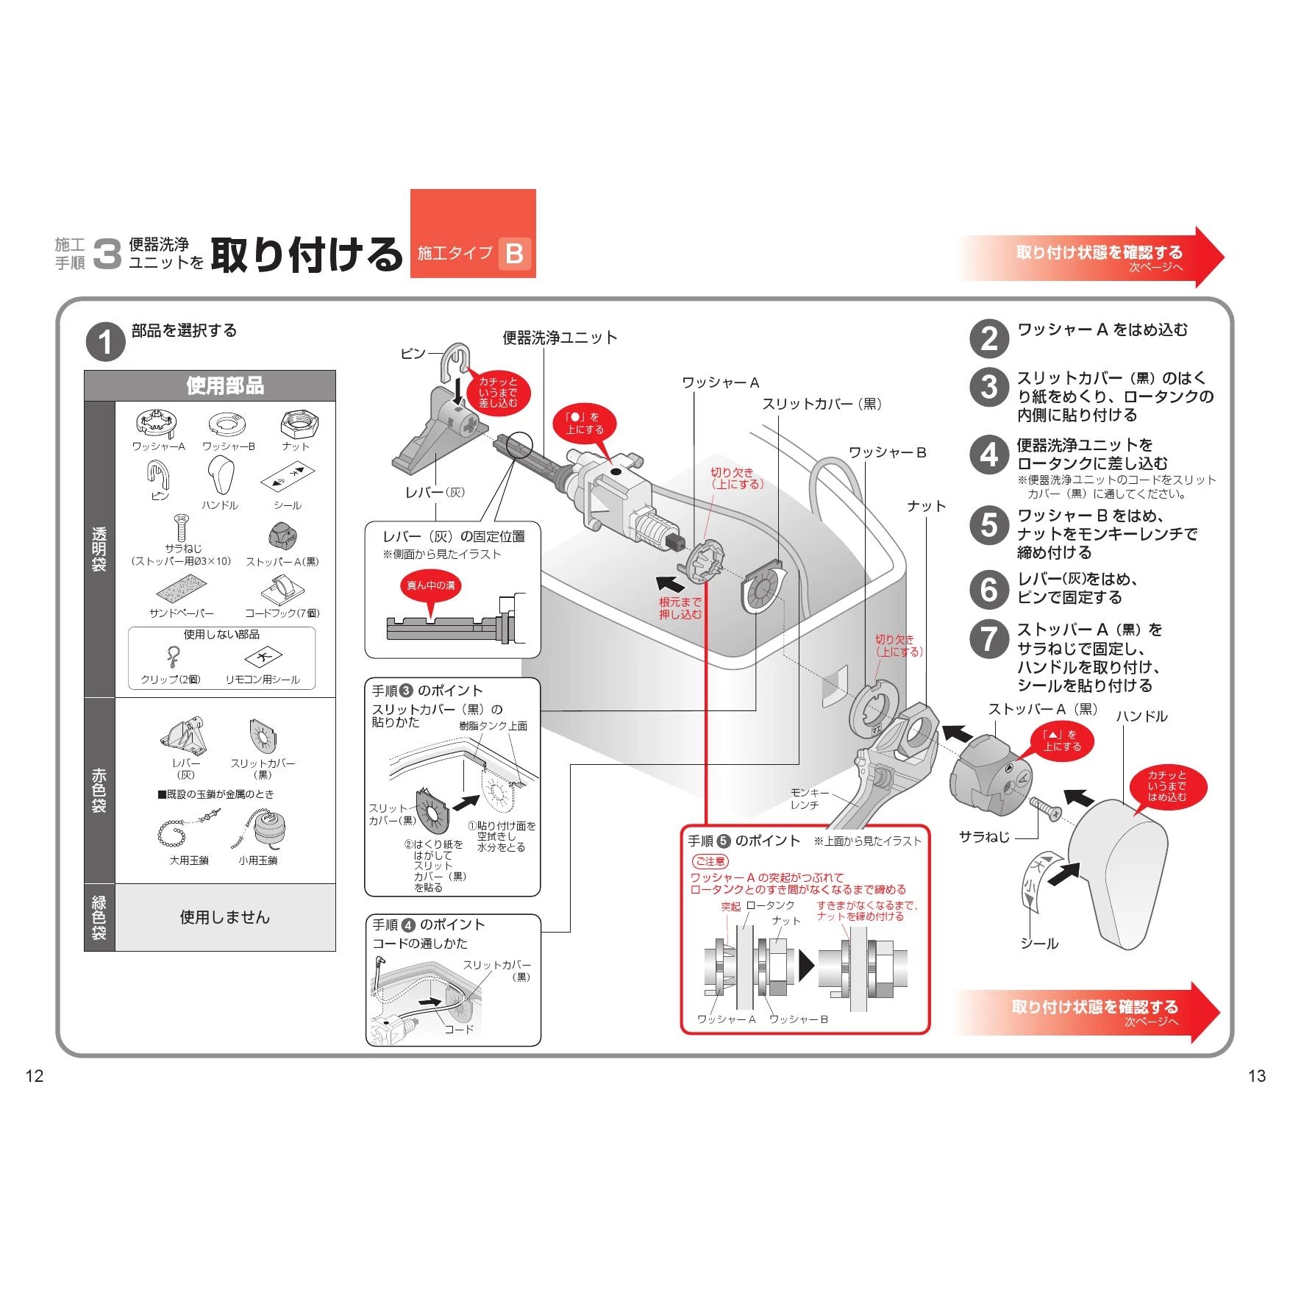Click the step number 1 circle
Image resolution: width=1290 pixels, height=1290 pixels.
tap(106, 342)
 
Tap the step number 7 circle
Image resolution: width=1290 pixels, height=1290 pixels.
tap(989, 638)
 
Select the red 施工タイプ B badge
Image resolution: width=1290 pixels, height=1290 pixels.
tap(473, 234)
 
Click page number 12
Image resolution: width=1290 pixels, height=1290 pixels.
tap(35, 1076)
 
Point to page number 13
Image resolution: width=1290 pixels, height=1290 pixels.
tap(1257, 1076)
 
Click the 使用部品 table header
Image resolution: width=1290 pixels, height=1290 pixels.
tap(224, 385)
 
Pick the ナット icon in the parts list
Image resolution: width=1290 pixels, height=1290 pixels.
tap(298, 425)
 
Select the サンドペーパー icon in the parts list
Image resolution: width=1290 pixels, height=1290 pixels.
tap(181, 590)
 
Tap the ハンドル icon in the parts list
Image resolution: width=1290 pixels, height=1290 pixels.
tap(219, 476)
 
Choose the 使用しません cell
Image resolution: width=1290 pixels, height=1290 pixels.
tap(225, 917)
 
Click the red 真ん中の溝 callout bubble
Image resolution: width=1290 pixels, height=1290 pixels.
tap(431, 586)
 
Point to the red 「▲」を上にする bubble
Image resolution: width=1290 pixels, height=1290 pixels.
tap(1061, 741)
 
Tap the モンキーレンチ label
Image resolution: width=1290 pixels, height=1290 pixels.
tap(808, 799)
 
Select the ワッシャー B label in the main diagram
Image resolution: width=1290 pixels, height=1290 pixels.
tap(887, 452)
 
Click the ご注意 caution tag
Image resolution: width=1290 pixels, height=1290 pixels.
tap(710, 861)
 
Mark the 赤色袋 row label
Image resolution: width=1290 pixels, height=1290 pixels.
tap(99, 791)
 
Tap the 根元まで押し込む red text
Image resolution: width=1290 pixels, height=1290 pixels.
tap(680, 608)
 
